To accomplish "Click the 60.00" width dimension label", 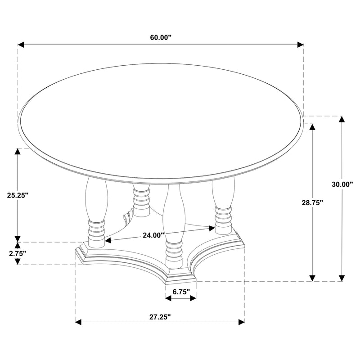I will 161,37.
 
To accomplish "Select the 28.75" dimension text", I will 312,202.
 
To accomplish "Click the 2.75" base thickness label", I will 17,253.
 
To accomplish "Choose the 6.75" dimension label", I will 180,292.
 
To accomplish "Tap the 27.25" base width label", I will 160,317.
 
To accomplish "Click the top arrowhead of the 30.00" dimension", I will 342,120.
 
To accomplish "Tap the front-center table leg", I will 174,225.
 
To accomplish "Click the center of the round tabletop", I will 161,118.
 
